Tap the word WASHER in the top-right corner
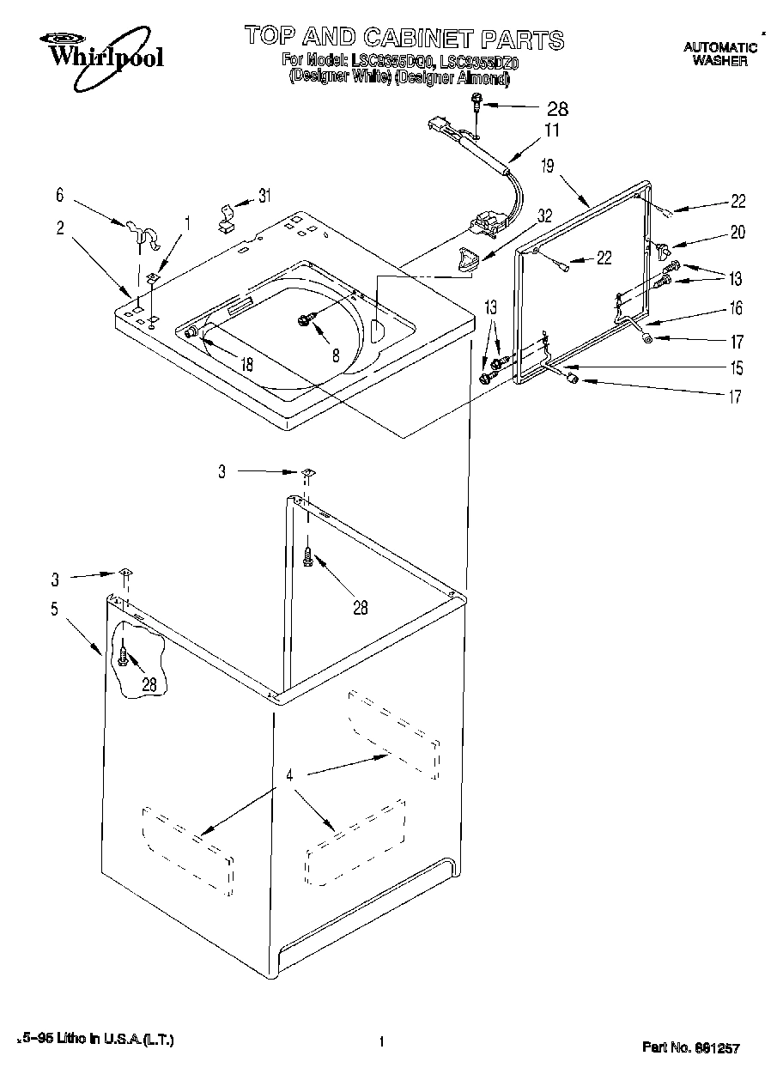click(719, 61)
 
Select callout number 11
click(551, 131)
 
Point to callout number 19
click(547, 167)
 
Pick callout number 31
click(264, 196)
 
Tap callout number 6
click(60, 196)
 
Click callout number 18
click(246, 364)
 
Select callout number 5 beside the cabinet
click(54, 610)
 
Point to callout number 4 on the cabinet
click(290, 774)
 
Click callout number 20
click(737, 232)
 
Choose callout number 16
click(736, 308)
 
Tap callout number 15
click(736, 369)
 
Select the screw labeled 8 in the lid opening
click(304, 320)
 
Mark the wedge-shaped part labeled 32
click(467, 258)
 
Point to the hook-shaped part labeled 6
click(143, 234)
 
